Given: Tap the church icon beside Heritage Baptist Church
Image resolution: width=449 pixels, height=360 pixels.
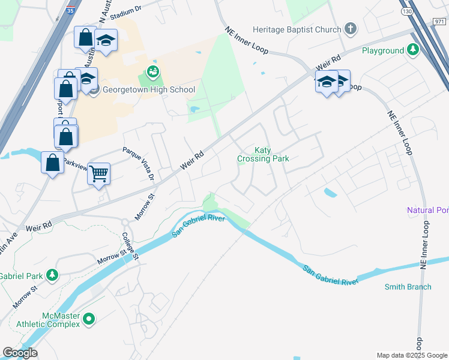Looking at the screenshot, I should click(351, 29).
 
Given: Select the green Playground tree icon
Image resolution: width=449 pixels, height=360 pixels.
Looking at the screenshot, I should click(413, 50).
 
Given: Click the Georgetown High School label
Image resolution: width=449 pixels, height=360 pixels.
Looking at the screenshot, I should click(149, 90).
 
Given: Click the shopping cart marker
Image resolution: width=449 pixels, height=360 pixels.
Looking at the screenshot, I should click(99, 174).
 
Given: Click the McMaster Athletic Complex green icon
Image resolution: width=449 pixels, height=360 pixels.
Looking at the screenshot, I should click(89, 319).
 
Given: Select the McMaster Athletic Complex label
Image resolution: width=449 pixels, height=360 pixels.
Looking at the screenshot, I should click(61, 320).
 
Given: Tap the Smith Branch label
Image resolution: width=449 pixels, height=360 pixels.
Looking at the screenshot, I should click(408, 287).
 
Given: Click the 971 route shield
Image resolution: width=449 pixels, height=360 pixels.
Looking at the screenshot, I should click(439, 21).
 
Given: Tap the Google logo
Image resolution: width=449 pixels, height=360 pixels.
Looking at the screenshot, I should click(20, 353).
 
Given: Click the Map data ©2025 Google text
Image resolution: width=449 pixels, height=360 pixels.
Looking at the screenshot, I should click(412, 355).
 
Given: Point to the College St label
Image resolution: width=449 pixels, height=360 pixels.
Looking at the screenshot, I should click(130, 246).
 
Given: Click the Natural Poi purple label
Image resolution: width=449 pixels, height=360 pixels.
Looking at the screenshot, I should click(427, 211).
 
